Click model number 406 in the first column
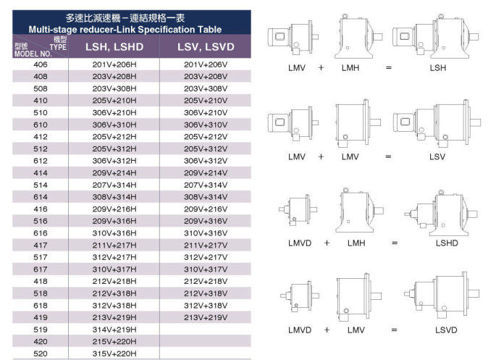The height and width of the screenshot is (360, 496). (40, 64)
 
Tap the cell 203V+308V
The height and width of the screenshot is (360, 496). (206, 88)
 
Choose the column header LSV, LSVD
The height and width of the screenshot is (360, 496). (206, 48)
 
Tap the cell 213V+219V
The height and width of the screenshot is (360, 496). (206, 317)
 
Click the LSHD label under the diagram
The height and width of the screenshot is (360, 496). (447, 243)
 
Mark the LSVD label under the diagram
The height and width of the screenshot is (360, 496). (447, 330)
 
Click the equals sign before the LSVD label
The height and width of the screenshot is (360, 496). (395, 330)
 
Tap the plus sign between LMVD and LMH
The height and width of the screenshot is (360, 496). (327, 243)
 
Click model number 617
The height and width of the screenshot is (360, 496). (40, 269)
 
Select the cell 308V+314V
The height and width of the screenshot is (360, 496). (206, 196)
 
